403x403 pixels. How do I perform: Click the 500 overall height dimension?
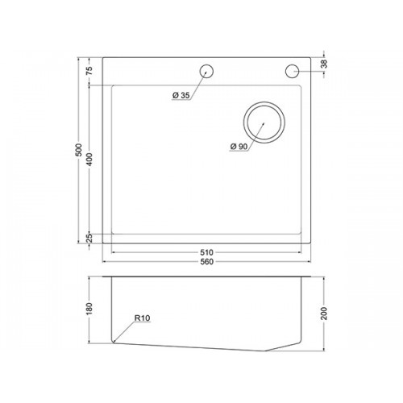(x=78, y=150)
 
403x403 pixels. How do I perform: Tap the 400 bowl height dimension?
(x=89, y=159)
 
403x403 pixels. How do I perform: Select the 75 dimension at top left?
(x=89, y=70)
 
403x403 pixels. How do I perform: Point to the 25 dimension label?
(x=89, y=238)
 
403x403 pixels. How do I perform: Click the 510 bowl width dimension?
(x=206, y=252)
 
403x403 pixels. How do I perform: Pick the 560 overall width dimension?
(x=206, y=262)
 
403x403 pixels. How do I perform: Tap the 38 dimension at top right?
(x=324, y=64)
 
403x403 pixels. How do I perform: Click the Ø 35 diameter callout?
(x=181, y=95)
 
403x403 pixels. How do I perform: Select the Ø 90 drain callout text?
(x=239, y=147)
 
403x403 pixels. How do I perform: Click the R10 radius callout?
(x=142, y=318)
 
